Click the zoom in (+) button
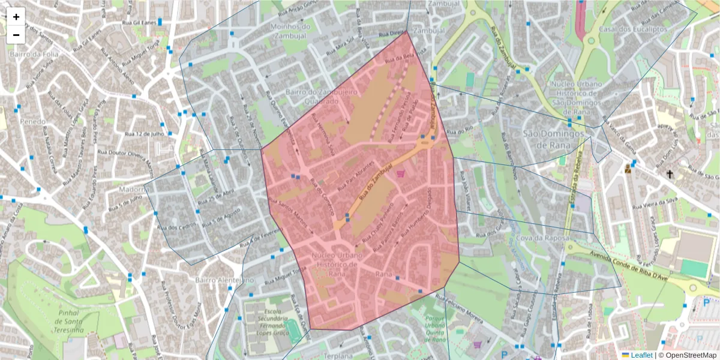(x=16, y=17)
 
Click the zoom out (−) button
(x=16, y=35)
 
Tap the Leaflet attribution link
(x=641, y=355)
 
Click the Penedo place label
(x=32, y=122)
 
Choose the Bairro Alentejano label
(x=224, y=280)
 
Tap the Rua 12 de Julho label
(x=144, y=134)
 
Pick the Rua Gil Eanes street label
(x=136, y=22)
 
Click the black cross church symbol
(x=670, y=174)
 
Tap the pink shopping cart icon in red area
(x=400, y=174)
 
